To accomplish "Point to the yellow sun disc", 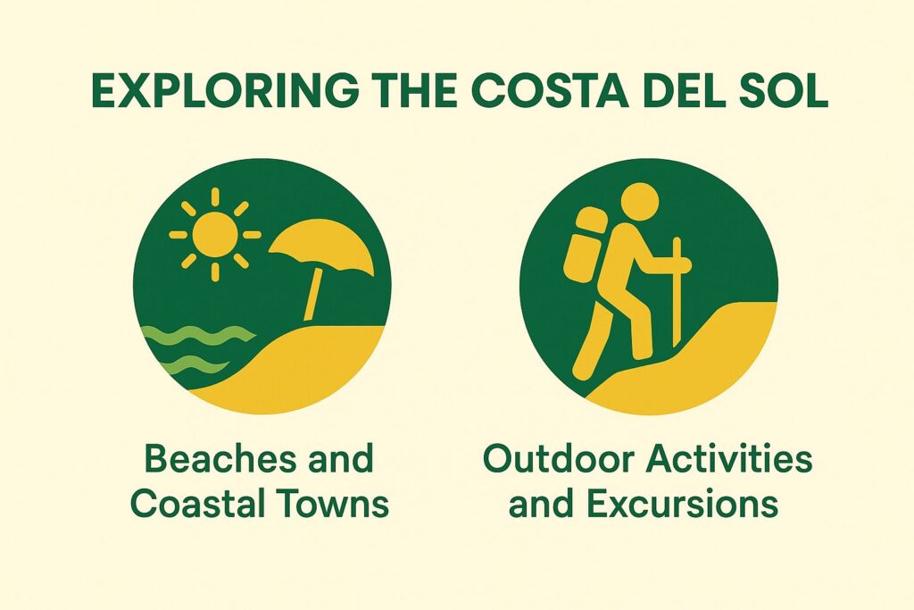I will pos(214,235).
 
